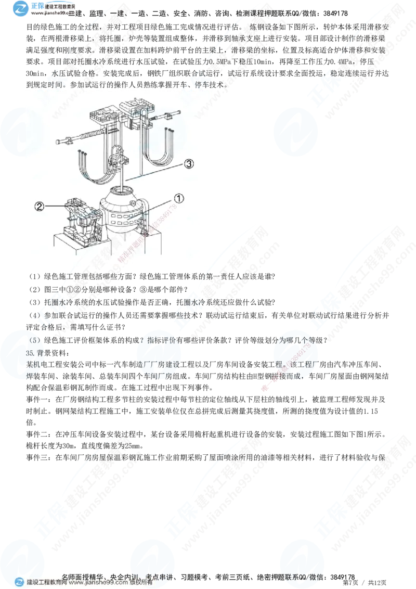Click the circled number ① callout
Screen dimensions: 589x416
click(178, 198)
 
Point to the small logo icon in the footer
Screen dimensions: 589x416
click(20, 582)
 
